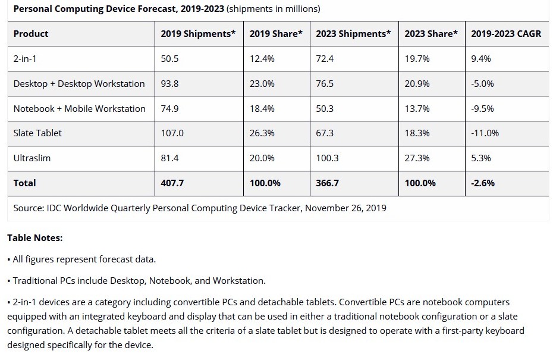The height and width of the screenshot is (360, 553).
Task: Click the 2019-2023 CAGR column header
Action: pos(506,34)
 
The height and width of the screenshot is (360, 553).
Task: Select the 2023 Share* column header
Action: pos(431,34)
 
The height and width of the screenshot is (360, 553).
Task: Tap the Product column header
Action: pos(31,34)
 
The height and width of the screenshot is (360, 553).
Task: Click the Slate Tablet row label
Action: pos(37,133)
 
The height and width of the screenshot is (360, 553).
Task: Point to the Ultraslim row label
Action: pos(32,158)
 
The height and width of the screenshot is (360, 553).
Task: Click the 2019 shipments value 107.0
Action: pos(172,133)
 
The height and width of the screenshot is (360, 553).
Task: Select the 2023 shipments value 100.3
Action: pos(327,158)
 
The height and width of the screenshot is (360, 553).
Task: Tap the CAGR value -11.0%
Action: pos(485,133)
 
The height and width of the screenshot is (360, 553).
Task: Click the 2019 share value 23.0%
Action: pos(262,84)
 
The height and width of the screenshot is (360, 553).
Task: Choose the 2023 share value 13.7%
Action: pos(417,109)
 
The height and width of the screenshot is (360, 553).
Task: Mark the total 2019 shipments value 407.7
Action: pos(172,183)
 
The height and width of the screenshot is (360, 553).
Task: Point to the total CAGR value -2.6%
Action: pos(483,183)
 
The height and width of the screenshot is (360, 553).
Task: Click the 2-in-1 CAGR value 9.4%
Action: pos(481,59)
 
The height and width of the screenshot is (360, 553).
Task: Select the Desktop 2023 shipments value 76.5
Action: pos(325,84)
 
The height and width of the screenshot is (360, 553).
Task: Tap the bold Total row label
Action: pos(25,183)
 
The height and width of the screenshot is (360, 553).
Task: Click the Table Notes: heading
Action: pos(34,238)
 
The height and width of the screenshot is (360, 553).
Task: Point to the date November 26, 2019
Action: pos(345,208)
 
